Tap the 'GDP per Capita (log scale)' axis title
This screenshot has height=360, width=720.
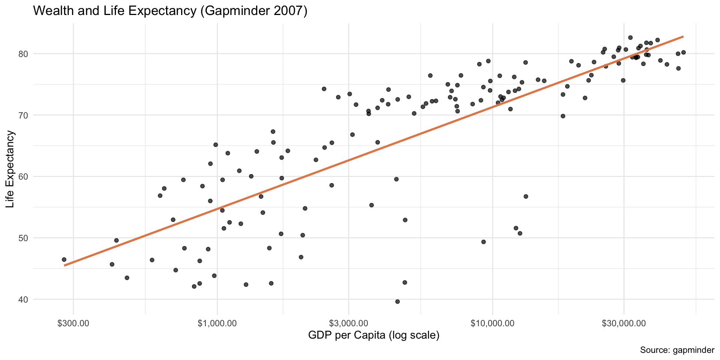(x=373, y=335)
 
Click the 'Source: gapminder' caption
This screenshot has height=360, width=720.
(x=677, y=350)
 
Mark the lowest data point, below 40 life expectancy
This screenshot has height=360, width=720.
(x=397, y=301)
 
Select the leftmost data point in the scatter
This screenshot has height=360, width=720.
(x=64, y=259)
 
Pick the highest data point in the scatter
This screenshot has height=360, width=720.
(x=630, y=37)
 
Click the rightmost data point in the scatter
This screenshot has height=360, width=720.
(x=683, y=52)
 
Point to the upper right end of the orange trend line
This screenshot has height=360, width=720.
(x=683, y=37)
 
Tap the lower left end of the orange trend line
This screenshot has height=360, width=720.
(x=64, y=265)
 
